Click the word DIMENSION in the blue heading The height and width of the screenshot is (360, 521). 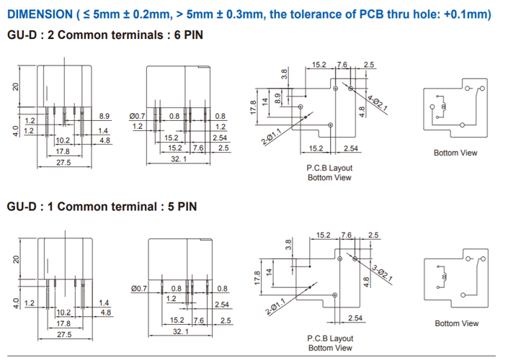[x=40, y=14]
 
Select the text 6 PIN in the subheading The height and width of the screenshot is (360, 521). [x=188, y=35]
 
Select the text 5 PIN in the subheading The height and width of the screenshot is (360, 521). [x=182, y=207]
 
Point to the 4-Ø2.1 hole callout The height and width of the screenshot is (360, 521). [x=377, y=103]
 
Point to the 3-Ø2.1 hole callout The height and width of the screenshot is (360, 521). [x=382, y=273]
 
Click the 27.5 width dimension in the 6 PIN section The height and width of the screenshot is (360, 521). [x=63, y=163]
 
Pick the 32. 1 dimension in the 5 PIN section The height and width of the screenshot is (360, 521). [x=181, y=331]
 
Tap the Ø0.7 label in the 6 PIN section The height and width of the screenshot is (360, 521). [x=137, y=116]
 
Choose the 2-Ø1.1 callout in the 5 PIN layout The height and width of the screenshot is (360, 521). [x=275, y=307]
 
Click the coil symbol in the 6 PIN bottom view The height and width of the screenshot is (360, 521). [x=443, y=107]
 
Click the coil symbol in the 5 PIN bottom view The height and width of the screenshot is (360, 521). [x=444, y=276]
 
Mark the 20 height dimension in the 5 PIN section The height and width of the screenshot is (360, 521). [x=16, y=259]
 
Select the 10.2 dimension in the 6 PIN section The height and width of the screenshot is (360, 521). [x=63, y=140]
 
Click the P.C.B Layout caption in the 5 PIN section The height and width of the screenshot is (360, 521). [x=330, y=338]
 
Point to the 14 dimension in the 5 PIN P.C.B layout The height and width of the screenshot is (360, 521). [x=269, y=272]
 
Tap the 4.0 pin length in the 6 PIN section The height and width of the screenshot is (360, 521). [x=15, y=131]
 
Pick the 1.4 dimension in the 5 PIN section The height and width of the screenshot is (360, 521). [x=104, y=303]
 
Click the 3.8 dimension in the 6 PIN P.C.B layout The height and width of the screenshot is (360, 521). [x=284, y=74]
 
